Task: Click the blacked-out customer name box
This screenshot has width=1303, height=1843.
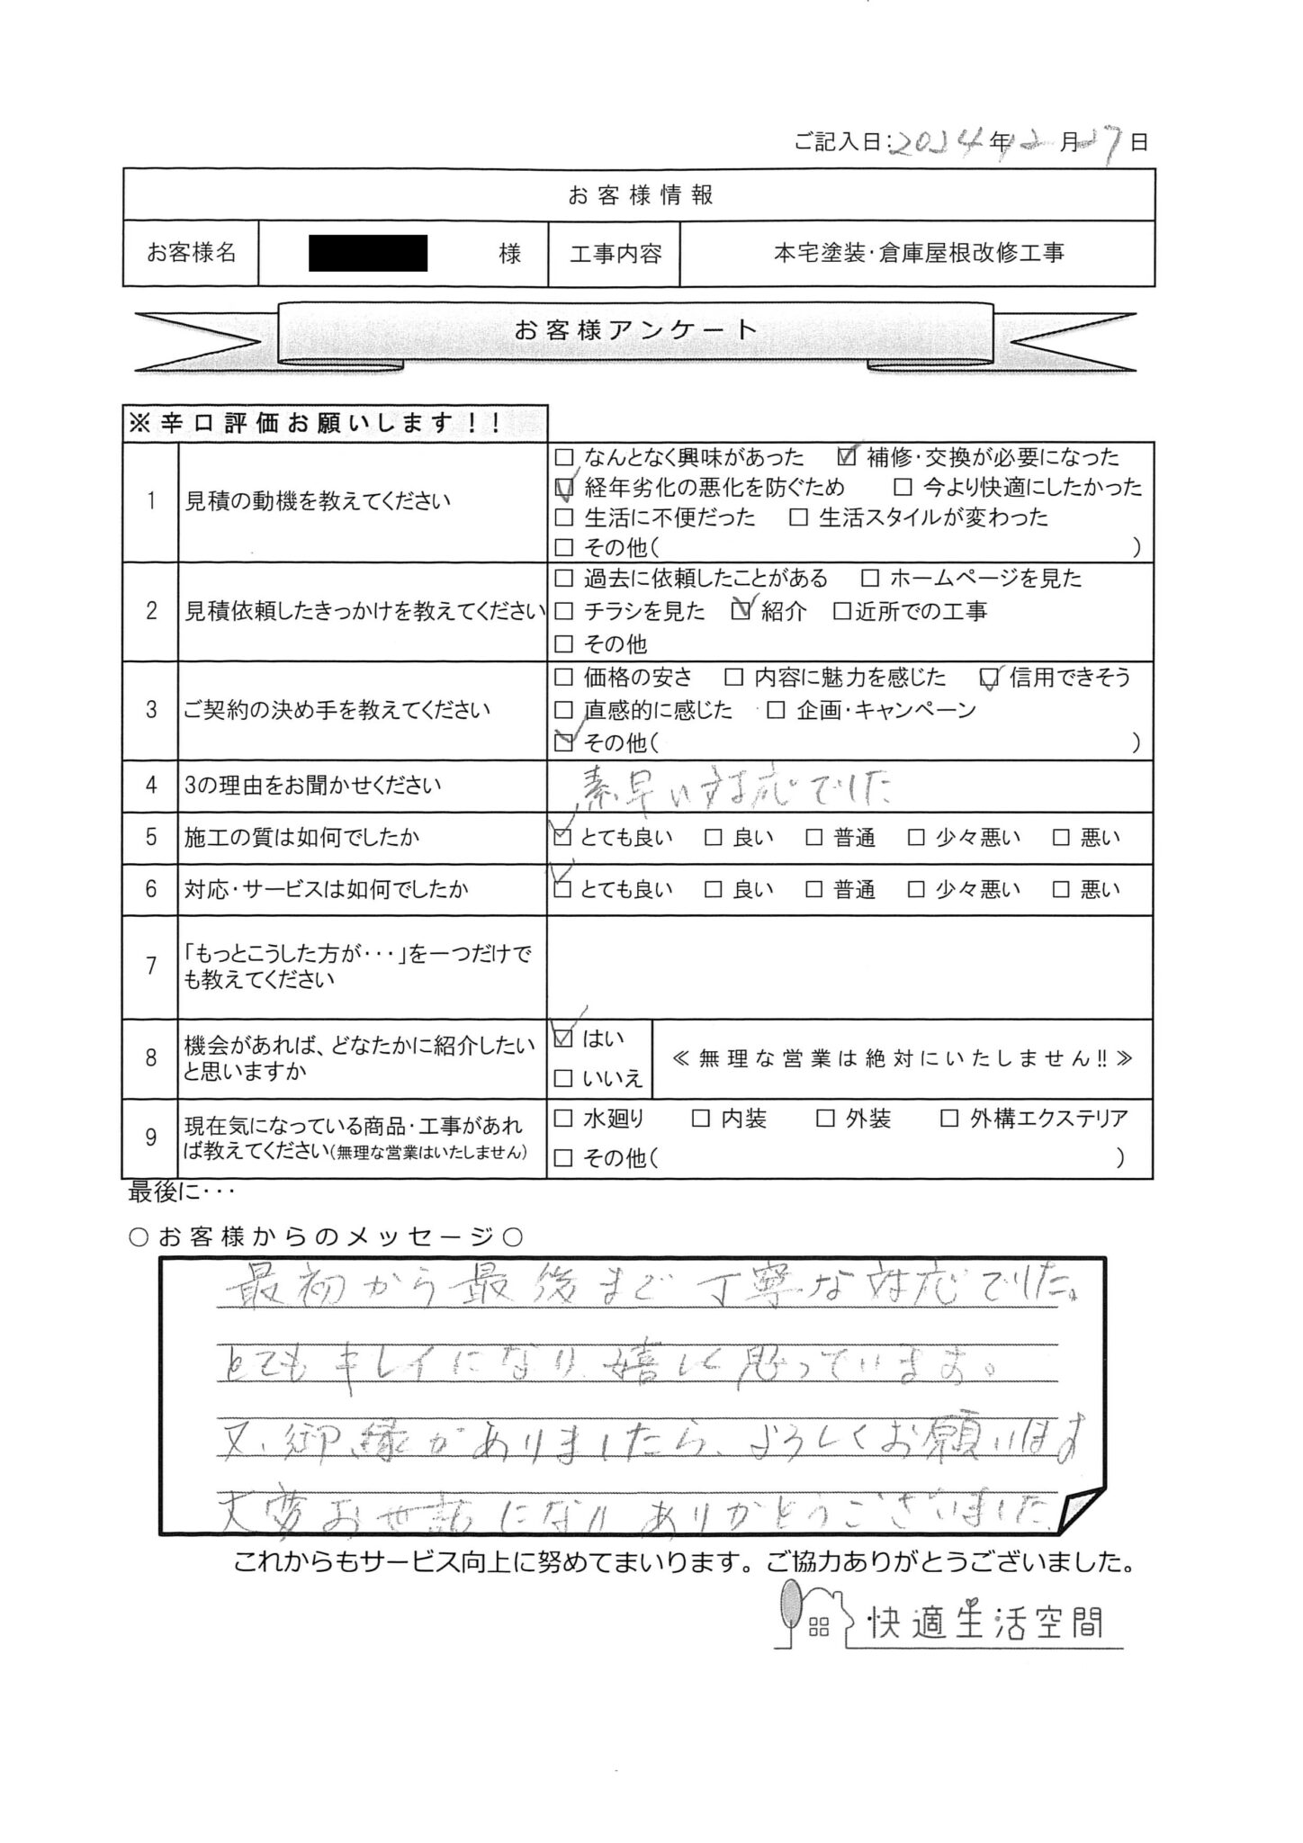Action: click(x=367, y=253)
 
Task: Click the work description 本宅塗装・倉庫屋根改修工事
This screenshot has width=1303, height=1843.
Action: click(x=918, y=254)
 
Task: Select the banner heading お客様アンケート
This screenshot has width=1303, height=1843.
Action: click(x=636, y=330)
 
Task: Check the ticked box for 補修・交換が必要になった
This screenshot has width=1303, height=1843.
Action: click(x=846, y=457)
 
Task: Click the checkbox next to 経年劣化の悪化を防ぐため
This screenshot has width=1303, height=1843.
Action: click(x=564, y=488)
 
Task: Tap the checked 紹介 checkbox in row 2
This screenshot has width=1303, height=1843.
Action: click(x=741, y=612)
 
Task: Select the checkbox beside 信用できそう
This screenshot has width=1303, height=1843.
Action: click(x=989, y=678)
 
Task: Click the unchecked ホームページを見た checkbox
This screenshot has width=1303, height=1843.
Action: click(x=869, y=579)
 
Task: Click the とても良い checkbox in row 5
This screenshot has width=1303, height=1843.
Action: click(x=563, y=838)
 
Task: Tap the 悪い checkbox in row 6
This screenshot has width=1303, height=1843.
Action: click(x=1061, y=890)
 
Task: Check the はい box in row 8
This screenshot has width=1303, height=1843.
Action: click(x=563, y=1039)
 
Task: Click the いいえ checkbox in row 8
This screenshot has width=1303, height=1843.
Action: click(x=563, y=1078)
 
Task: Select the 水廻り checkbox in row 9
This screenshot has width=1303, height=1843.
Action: click(x=563, y=1119)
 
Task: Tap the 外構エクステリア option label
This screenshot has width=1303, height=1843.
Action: click(x=1048, y=1119)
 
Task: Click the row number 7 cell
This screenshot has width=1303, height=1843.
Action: click(x=151, y=966)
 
